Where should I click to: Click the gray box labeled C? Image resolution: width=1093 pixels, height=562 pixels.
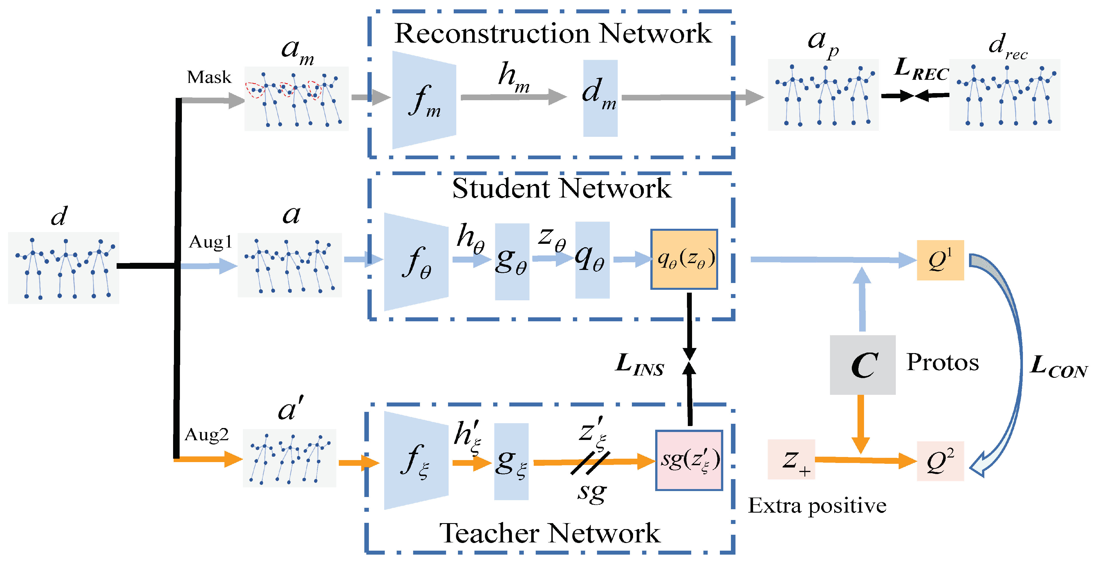pyautogui.click(x=863, y=365)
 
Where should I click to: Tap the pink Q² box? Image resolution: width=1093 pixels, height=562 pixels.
pyautogui.click(x=940, y=461)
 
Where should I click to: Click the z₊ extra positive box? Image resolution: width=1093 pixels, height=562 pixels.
pyautogui.click(x=791, y=460)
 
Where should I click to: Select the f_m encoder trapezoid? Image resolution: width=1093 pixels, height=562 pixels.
pyautogui.click(x=424, y=100)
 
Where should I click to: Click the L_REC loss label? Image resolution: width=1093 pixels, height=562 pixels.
pyautogui.click(x=921, y=69)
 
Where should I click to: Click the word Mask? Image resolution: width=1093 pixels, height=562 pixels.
pyautogui.click(x=209, y=77)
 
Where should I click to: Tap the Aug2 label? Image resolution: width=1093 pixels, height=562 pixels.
pyautogui.click(x=207, y=435)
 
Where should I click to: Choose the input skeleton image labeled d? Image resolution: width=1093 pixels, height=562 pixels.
pyautogui.click(x=64, y=268)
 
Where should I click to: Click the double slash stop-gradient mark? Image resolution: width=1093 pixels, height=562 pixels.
pyautogui.click(x=590, y=463)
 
